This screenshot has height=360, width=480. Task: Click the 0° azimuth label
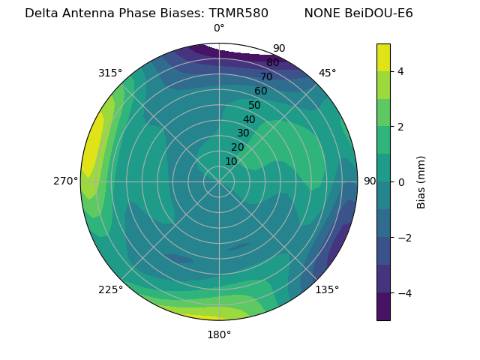click(219, 28)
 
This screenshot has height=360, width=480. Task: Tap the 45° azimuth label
click(327, 73)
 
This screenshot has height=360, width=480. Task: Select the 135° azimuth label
click(327, 289)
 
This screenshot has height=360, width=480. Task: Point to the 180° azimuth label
click(219, 334)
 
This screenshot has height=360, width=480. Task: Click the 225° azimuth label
click(110, 289)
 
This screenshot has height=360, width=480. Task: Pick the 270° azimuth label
click(65, 181)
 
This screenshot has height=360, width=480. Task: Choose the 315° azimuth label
click(110, 73)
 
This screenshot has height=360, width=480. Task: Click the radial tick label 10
click(231, 161)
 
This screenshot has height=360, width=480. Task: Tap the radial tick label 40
click(249, 119)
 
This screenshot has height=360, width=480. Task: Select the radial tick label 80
click(272, 62)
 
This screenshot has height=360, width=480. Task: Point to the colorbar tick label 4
click(400, 71)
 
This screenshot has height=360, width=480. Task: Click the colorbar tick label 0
click(400, 181)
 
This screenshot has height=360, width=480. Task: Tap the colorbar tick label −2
click(403, 237)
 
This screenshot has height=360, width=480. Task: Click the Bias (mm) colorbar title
click(421, 181)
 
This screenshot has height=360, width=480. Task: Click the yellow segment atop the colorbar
click(383, 57)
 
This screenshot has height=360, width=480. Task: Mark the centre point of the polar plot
click(219, 181)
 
